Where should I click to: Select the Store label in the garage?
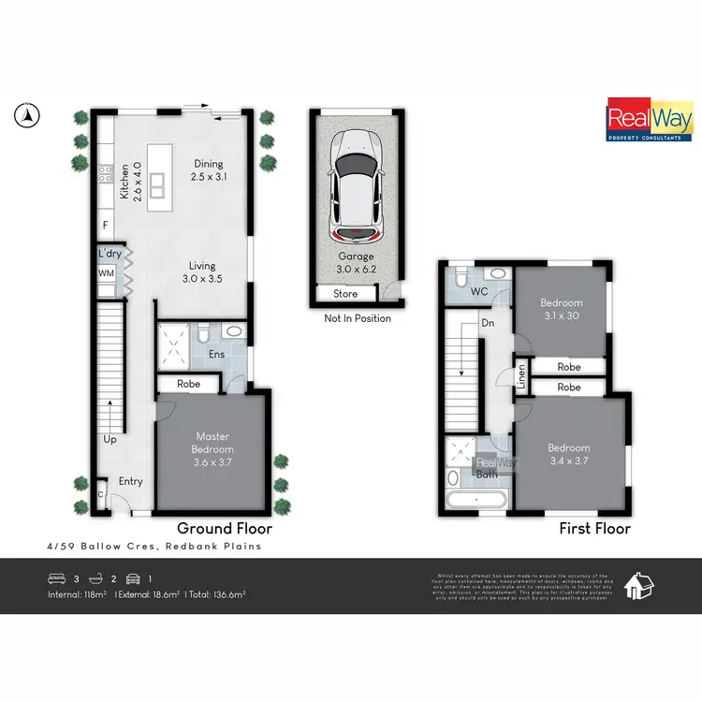pos(345,294)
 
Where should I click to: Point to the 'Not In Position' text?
pos(358,318)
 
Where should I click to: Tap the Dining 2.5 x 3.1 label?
pos(209,169)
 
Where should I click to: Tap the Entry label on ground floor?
pos(130,482)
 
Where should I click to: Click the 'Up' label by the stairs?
pos(110,438)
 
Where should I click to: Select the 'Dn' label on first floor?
pos(488,323)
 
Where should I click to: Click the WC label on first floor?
pos(479,292)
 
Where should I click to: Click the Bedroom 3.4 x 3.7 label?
pos(569,454)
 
